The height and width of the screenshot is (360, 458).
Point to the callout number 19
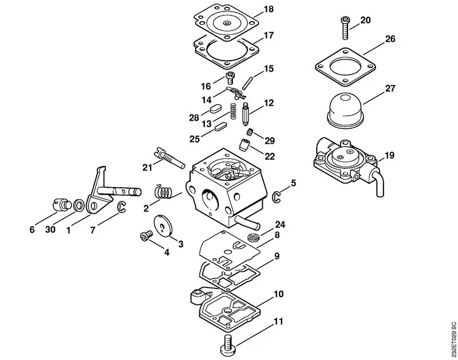[389, 155]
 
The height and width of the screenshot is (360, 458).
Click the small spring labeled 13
[234, 110]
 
